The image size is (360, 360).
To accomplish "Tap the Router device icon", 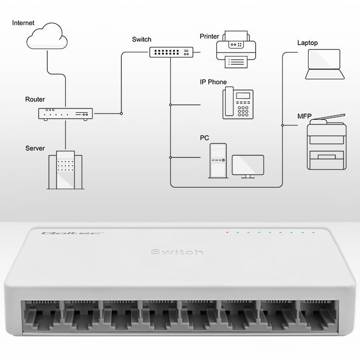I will coord(65,114).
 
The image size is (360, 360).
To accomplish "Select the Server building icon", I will coord(65,170).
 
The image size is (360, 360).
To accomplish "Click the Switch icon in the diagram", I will coord(171,52).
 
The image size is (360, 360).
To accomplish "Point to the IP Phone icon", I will coord(238,103).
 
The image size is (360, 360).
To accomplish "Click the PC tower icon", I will coord(218,160).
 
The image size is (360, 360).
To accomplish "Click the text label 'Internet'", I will coord(24,23).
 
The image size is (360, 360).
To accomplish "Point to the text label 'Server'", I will coord(35,149).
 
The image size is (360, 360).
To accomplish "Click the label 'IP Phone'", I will coord(213,82).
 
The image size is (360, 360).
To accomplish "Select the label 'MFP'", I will coord(304,116).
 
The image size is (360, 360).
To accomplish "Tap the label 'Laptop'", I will coord(308,43).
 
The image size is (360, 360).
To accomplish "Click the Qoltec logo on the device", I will coord(58,233).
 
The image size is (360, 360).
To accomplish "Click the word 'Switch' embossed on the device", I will coord(177,252).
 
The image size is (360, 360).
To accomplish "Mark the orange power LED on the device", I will coord(227,232).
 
